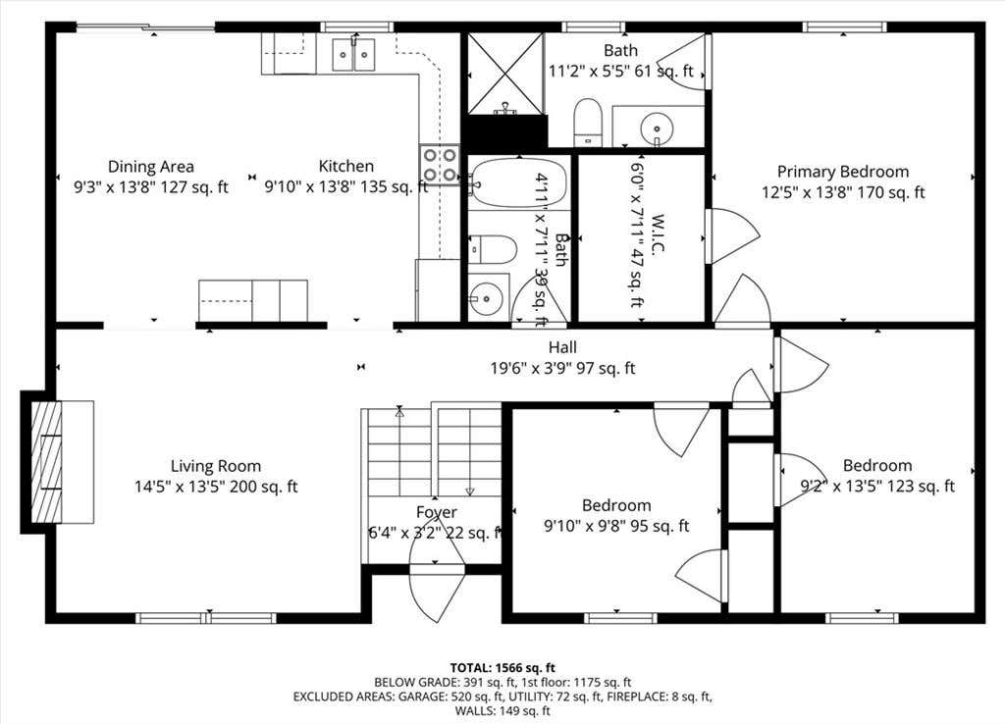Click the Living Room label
point(215,466)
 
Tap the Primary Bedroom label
point(843,172)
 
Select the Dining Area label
point(150,167)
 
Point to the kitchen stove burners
point(440,165)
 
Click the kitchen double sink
point(353,55)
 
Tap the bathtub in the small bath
point(518,182)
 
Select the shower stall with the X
point(505,73)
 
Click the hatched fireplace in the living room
point(47,461)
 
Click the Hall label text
point(562,347)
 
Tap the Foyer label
point(437,512)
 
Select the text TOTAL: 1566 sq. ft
point(502,668)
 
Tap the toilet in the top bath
point(588,122)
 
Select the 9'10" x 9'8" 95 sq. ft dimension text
point(616,526)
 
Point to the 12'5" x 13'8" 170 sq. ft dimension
point(843,192)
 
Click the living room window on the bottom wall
point(206,618)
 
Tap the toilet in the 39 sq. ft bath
point(493,250)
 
